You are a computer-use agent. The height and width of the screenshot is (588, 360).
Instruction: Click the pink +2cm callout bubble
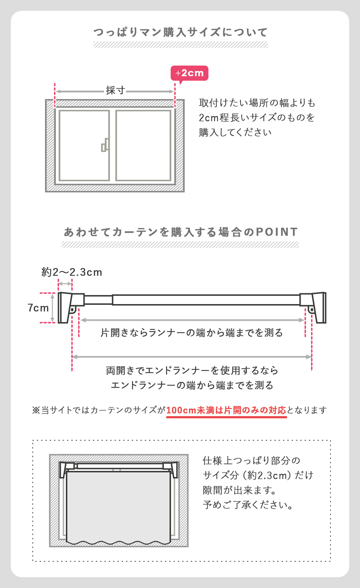tap(189, 73)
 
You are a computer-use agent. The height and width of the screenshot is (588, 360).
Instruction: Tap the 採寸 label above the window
tap(115, 90)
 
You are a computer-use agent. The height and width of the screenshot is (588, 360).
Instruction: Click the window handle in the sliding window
tap(105, 145)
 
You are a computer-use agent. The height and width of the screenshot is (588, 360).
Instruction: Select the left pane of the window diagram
tap(84, 145)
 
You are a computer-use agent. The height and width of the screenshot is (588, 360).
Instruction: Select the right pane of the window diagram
tap(143, 145)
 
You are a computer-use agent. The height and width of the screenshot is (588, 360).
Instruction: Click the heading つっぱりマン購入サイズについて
tap(180, 32)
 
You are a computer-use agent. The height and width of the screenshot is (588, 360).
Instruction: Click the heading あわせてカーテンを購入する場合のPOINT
tap(181, 232)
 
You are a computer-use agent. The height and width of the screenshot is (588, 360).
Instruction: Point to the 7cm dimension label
tap(38, 308)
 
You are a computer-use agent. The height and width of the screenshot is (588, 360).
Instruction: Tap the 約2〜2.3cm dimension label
tap(72, 272)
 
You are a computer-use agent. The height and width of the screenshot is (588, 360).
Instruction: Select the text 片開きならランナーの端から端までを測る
tap(192, 333)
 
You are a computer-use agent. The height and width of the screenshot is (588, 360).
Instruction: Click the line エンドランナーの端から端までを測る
tap(192, 385)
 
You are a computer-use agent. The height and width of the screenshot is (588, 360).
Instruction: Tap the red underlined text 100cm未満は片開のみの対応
tap(226, 410)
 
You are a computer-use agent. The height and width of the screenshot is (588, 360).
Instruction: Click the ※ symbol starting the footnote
tap(36, 410)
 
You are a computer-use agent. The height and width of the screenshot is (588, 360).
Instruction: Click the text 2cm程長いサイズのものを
tap(257, 118)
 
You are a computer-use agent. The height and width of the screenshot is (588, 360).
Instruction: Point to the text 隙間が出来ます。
tap(240, 490)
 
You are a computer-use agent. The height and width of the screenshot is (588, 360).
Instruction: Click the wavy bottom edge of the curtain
tap(118, 542)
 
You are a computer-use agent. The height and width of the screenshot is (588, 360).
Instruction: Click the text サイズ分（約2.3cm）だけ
tap(258, 476)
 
